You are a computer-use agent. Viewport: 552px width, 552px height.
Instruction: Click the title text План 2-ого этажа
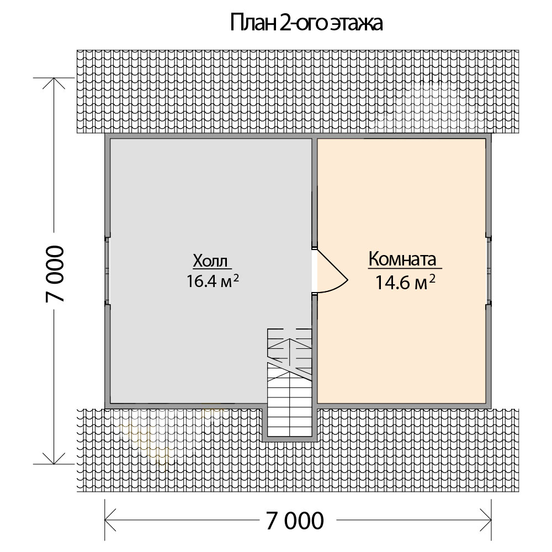tap(306, 24)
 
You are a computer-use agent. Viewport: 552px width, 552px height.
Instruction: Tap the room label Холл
tap(210, 261)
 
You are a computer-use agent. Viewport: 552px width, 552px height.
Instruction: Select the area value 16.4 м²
tap(213, 281)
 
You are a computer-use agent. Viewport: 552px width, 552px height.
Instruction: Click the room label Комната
tap(402, 259)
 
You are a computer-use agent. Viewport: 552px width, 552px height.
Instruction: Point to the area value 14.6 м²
tap(405, 282)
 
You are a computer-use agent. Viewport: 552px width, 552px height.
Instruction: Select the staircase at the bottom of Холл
tap(290, 383)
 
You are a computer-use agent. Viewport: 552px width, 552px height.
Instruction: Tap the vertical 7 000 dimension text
tap(55, 274)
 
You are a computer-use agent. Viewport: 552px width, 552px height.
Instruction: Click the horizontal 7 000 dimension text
tap(295, 521)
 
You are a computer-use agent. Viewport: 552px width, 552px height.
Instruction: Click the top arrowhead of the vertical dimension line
tap(54, 83)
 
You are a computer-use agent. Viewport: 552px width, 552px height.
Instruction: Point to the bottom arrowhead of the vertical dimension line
tap(54, 458)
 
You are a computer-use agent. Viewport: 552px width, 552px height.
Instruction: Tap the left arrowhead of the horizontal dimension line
tap(110, 519)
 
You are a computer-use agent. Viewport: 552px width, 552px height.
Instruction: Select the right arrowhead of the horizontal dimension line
tap(486, 519)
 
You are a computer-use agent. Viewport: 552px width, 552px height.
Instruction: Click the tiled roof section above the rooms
tap(298, 92)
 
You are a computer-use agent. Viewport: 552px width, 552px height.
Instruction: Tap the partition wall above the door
tap(315, 192)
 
